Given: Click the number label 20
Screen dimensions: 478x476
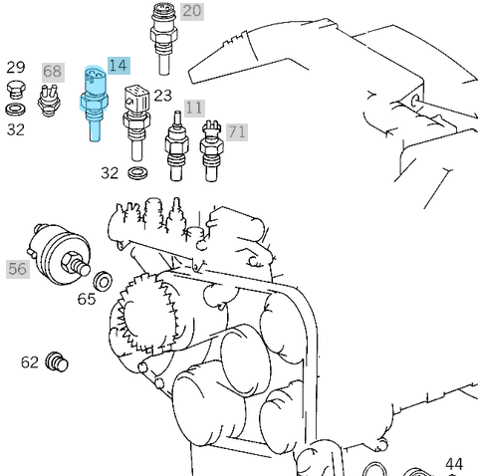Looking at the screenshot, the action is tap(192, 11).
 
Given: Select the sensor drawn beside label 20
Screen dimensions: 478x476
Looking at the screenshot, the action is tap(163, 39).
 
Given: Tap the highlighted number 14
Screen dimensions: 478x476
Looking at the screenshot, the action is tap(119, 66).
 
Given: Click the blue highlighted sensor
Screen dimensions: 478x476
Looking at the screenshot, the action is tap(94, 104).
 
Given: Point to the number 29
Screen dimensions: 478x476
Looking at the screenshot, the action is tap(16, 68).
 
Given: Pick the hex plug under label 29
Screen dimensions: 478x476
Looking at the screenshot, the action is tap(16, 90).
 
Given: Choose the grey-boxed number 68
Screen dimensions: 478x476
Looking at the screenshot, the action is tap(53, 72).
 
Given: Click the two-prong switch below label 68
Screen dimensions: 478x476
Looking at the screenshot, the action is tap(49, 101).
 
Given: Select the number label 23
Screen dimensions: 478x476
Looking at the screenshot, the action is tap(163, 96).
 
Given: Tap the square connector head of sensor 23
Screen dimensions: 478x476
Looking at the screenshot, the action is tap(136, 97).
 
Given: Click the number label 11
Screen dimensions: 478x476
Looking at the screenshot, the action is tap(194, 109).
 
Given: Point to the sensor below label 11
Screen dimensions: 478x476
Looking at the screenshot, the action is tap(176, 146).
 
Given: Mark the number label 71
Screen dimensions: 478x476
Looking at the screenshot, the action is tap(237, 132).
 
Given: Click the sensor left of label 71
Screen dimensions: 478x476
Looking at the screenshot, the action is tap(211, 151).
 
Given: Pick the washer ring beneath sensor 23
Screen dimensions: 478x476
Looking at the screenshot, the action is tap(137, 173).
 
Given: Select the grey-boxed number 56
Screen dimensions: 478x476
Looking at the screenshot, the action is tap(17, 269).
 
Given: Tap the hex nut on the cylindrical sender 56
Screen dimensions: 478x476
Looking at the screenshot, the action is tap(72, 262).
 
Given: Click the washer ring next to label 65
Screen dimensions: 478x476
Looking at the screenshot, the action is tap(103, 282).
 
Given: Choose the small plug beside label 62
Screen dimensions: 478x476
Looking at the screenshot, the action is tap(57, 361).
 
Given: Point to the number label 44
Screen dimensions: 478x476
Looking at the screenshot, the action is tap(454, 464).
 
